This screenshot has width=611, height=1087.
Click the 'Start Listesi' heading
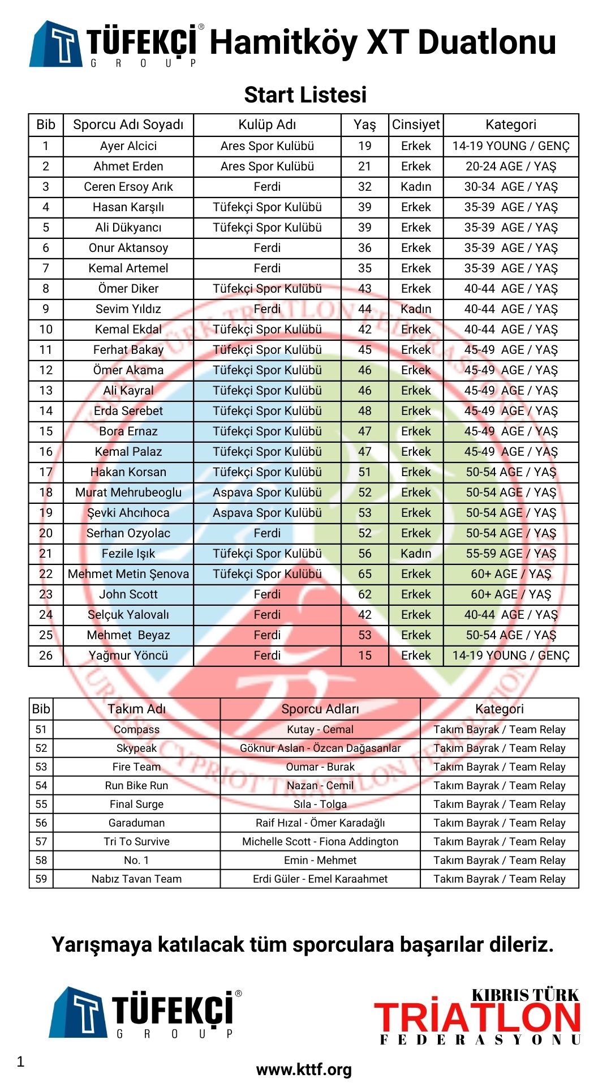click(x=305, y=95)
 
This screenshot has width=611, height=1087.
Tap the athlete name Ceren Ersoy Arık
click(x=128, y=187)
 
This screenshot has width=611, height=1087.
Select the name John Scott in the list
click(x=128, y=594)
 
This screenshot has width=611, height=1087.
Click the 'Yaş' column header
click(x=364, y=125)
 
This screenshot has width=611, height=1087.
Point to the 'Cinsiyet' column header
click(x=416, y=125)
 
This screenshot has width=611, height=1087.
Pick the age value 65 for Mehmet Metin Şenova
click(x=364, y=574)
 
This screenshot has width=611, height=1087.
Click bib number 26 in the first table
click(x=46, y=656)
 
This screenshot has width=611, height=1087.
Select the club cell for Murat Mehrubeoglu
click(x=267, y=493)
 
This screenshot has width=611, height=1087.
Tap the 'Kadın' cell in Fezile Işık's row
click(x=416, y=554)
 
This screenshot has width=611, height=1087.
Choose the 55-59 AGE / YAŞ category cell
click(x=511, y=554)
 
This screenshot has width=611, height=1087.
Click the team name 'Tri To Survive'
click(x=136, y=842)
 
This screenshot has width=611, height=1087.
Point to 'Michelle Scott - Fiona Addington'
click(x=320, y=842)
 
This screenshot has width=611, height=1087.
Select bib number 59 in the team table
click(x=41, y=879)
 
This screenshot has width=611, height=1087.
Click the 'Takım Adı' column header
click(x=136, y=709)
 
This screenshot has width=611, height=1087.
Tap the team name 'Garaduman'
click(x=136, y=823)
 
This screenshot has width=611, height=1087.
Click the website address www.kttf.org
click(x=304, y=1069)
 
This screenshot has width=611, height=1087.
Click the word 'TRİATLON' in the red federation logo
click(x=477, y=1017)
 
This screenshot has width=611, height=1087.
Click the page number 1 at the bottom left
click(x=21, y=1062)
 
